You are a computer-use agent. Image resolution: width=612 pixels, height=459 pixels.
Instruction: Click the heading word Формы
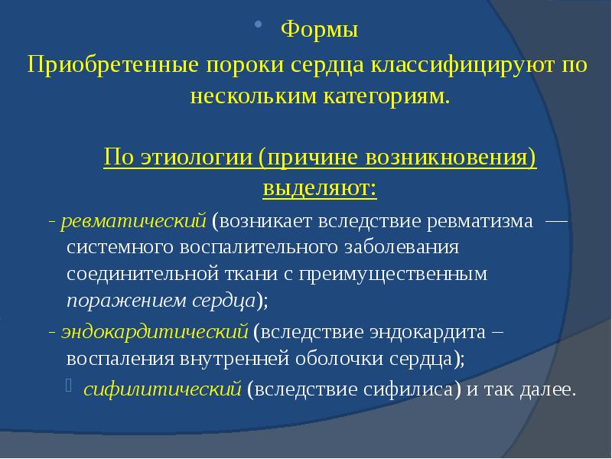[320, 31]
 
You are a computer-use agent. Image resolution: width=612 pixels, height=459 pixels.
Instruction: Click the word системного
[119, 248]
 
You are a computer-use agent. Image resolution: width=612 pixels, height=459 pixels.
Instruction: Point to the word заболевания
[399, 248]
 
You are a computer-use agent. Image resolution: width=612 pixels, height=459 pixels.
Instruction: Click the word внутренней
[230, 359]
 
